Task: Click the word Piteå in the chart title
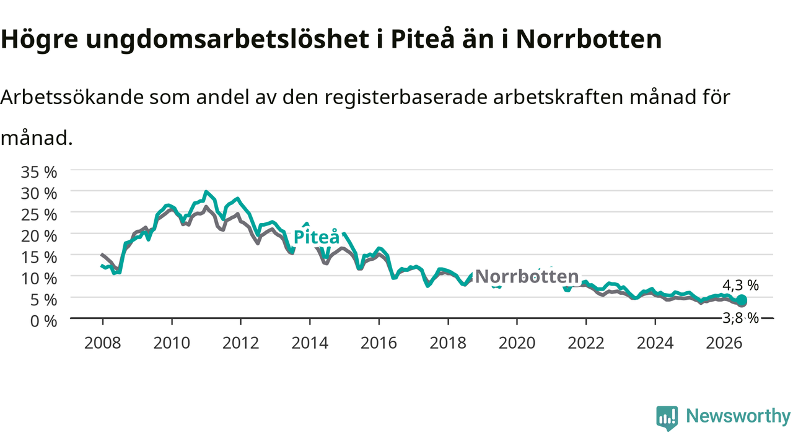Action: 423,38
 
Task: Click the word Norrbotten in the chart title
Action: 589,38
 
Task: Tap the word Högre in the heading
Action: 39,40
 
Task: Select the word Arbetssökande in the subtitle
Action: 72,97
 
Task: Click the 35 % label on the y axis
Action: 39,172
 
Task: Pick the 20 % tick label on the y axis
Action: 39,236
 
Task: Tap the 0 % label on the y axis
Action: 43,321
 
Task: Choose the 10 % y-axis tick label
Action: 39,279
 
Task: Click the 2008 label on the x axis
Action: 103,343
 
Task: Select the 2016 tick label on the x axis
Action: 379,343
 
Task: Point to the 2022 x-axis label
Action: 586,343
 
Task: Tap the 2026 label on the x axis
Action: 724,343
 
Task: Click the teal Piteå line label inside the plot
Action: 317,237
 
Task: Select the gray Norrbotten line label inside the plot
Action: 527,276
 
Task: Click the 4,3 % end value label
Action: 740,286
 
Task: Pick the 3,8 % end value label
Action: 740,318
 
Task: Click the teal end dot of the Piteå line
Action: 742,300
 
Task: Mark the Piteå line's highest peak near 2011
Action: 206,192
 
